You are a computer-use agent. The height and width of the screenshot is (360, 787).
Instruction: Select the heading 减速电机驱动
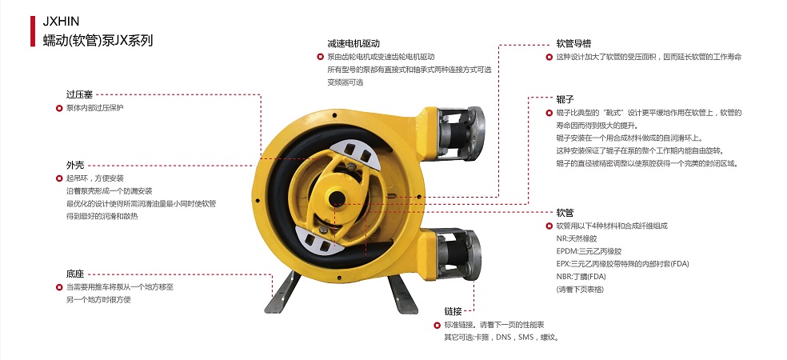coord(352,43)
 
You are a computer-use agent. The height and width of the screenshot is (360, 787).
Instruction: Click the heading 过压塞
coord(79,94)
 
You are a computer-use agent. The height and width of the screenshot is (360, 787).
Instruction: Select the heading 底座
coord(74,274)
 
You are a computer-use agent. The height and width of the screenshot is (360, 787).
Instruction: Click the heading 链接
coord(453,311)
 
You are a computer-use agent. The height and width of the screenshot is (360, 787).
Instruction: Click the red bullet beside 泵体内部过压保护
coord(58,107)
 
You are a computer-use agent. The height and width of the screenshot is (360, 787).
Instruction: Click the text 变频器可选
coord(345,82)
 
